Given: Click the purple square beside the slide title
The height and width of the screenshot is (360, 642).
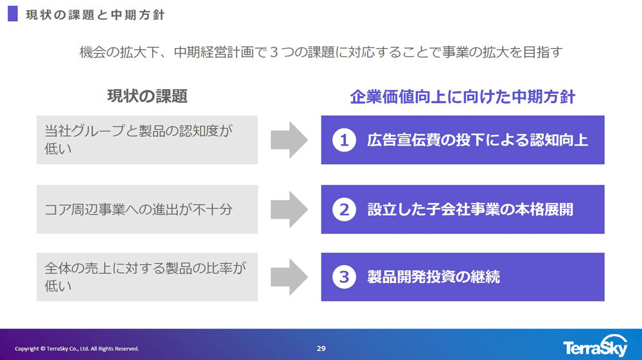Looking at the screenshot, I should pyautogui.click(x=12, y=14).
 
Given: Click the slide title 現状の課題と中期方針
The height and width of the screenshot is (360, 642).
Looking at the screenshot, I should pyautogui.click(x=94, y=15).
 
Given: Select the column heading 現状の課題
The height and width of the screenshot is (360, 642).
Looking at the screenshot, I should pyautogui.click(x=147, y=97).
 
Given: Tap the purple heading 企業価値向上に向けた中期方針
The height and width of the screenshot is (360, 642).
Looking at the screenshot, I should pyautogui.click(x=462, y=97).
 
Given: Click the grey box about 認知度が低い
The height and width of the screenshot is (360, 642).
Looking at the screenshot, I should pyautogui.click(x=147, y=140).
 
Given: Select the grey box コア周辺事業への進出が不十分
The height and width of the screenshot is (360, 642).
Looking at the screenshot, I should pyautogui.click(x=147, y=209).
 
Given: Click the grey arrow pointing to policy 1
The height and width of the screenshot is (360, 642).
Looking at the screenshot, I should pyautogui.click(x=289, y=140).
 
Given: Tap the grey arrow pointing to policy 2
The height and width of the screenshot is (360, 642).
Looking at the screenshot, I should pyautogui.click(x=289, y=209).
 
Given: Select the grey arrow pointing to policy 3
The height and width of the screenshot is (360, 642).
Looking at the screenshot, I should pyautogui.click(x=289, y=277).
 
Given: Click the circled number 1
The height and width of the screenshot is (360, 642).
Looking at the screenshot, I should pyautogui.click(x=344, y=141).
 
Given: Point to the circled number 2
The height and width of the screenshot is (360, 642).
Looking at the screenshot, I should pyautogui.click(x=344, y=209).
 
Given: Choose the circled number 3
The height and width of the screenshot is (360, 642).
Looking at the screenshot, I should pyautogui.click(x=344, y=277).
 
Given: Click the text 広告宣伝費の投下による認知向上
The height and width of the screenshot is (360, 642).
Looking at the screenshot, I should pyautogui.click(x=478, y=140).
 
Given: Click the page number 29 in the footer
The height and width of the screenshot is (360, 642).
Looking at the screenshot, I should pyautogui.click(x=321, y=348).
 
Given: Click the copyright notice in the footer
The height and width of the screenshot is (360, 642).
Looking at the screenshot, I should pyautogui.click(x=77, y=348).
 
